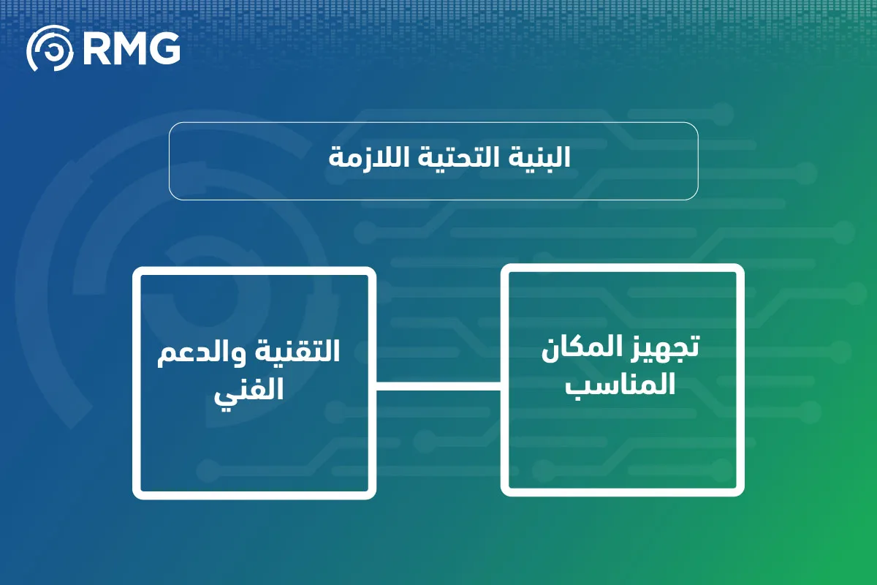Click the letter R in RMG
pyautogui.click(x=96, y=48)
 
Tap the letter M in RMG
pyautogui.click(x=128, y=48)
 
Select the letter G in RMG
pyautogui.click(x=164, y=48)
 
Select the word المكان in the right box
pyautogui.click(x=583, y=348)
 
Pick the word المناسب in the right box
pyautogui.click(x=620, y=384)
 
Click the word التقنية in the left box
pyautogui.click(x=297, y=351)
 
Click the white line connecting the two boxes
pyautogui.click(x=438, y=386)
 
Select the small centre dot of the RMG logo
pyautogui.click(x=52, y=50)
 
